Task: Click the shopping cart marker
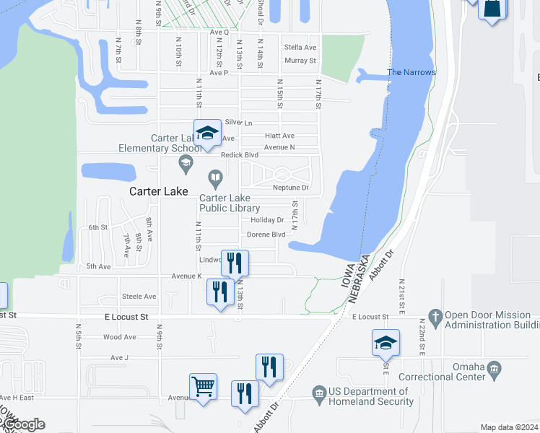204,388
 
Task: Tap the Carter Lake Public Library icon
215,177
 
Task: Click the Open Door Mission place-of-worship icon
435,316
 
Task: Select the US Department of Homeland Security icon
319,393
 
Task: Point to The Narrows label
411,72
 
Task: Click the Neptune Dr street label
290,188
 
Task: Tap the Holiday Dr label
267,220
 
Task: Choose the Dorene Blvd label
266,235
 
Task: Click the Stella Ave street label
300,47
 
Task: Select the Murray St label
300,61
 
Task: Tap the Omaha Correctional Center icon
494,371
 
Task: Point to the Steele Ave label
139,297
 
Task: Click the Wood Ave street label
119,337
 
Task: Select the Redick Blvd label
240,155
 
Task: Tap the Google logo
23,424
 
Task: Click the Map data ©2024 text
508,427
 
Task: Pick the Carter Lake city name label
158,192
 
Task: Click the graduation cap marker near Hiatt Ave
207,133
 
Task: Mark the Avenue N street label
279,147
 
